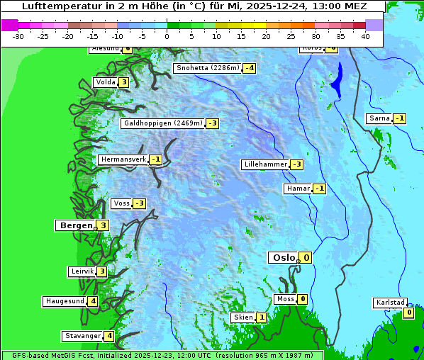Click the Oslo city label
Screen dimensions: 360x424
tap(284, 257)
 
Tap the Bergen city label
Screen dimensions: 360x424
tap(76, 225)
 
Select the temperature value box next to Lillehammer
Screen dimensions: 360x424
tap(296, 164)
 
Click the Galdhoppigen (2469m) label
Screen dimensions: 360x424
tap(163, 123)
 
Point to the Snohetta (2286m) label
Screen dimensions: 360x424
tap(207, 68)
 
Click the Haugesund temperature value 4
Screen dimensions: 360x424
tap(93, 301)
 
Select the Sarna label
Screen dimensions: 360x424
tap(379, 118)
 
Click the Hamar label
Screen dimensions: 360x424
tap(298, 189)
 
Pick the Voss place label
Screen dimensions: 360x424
tap(121, 203)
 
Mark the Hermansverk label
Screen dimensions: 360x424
tap(123, 159)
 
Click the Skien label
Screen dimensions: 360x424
tap(242, 317)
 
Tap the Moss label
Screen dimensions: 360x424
tap(285, 299)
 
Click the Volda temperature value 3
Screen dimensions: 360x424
tap(124, 82)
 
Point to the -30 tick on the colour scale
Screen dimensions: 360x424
tap(18, 35)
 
